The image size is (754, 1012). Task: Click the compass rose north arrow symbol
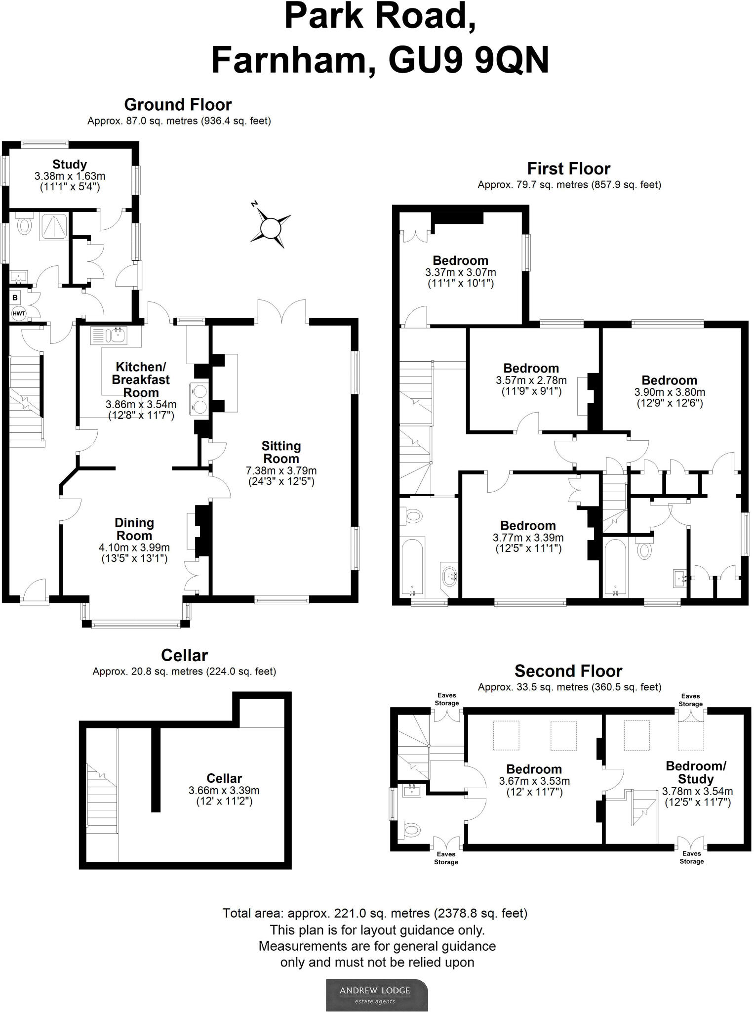pyautogui.click(x=270, y=228)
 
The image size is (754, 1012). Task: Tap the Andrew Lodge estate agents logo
pyautogui.click(x=377, y=995)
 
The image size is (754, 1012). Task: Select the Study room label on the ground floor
pyautogui.click(x=70, y=164)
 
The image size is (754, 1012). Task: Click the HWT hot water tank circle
pyautogui.click(x=18, y=313)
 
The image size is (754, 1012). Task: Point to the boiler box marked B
pyautogui.click(x=15, y=298)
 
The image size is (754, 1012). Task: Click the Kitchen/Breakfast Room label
pyautogui.click(x=141, y=379)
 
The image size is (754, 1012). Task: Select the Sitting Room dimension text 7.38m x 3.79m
pyautogui.click(x=281, y=470)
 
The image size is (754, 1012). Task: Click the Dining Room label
pyautogui.click(x=134, y=529)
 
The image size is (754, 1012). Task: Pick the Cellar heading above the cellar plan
pyautogui.click(x=184, y=655)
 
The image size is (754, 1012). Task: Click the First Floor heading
pyautogui.click(x=569, y=169)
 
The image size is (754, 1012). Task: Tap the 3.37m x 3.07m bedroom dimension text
pyautogui.click(x=460, y=272)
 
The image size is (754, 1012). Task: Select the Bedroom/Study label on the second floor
pyautogui.click(x=696, y=773)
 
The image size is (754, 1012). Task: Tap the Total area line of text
pyautogui.click(x=375, y=913)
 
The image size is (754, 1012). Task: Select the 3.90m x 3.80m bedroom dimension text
pyautogui.click(x=670, y=392)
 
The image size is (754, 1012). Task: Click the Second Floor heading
pyautogui.click(x=568, y=671)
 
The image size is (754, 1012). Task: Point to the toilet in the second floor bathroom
pyautogui.click(x=412, y=829)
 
